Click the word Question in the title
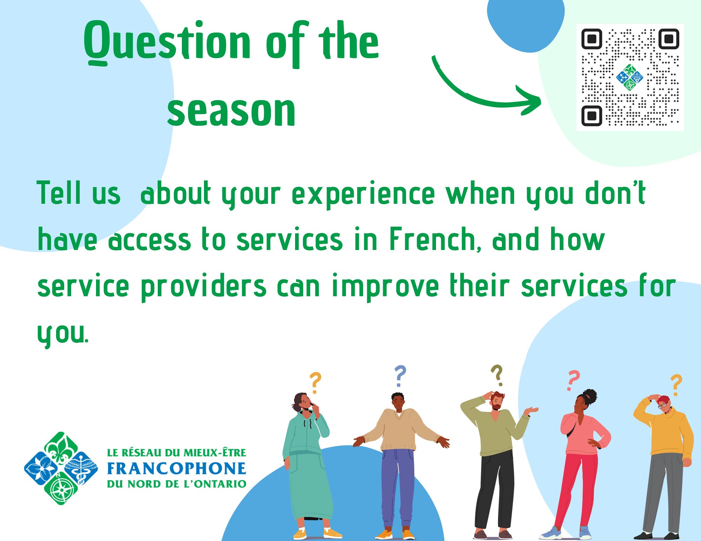[x=167, y=43]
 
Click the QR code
[x=630, y=77]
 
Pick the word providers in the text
[x=204, y=287]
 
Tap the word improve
[x=385, y=287]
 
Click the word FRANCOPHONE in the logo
[x=177, y=469]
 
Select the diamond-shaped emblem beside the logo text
[x=61, y=468]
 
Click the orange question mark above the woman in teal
[x=315, y=383]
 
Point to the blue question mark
[x=400, y=376]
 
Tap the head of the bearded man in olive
[x=497, y=401]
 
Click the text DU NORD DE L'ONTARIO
[x=177, y=484]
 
